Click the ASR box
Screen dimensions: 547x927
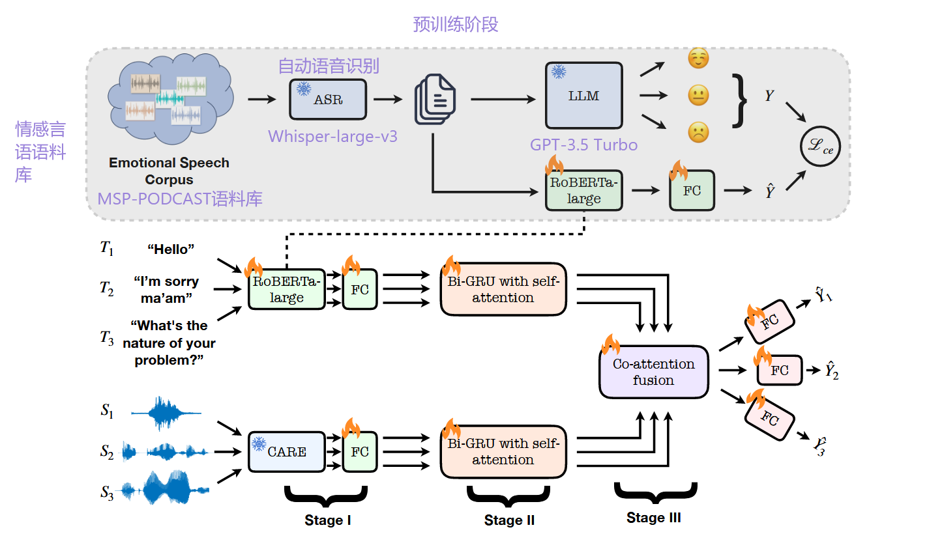coord(327,99)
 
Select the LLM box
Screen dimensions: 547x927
coord(583,96)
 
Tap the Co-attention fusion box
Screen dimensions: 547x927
coord(653,372)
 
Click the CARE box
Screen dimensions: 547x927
coord(286,452)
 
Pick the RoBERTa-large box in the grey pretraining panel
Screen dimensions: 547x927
coord(583,190)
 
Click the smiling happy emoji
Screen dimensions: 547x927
coord(698,59)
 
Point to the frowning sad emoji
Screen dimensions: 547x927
coord(698,133)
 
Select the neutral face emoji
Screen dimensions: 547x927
coord(698,96)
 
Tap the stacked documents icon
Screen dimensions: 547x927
coord(435,99)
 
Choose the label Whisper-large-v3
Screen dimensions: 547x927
coord(332,137)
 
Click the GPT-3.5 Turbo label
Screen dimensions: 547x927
coord(583,145)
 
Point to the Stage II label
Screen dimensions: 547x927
coord(509,520)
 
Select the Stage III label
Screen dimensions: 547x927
coord(654,518)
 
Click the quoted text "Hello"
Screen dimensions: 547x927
coord(171,249)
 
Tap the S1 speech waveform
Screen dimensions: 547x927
coord(166,413)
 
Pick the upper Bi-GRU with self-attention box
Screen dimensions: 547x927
coord(503,289)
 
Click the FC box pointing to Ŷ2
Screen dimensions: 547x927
coord(779,371)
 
